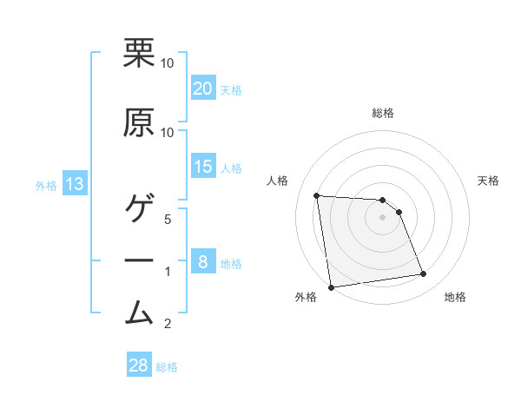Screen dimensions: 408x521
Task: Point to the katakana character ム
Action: [x=139, y=311]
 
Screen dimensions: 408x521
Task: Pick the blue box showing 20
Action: [x=202, y=89]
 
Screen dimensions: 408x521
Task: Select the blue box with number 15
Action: [x=202, y=167]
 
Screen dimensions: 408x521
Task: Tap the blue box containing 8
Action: [x=202, y=262]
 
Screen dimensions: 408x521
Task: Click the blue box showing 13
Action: [x=74, y=184]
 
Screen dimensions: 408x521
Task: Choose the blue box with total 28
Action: [x=139, y=365]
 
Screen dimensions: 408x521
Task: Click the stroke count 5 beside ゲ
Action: [x=169, y=219]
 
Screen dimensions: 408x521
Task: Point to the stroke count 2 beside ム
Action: [x=169, y=324]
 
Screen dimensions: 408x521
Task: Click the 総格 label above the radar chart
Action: [x=383, y=113]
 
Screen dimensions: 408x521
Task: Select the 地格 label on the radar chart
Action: [x=455, y=297]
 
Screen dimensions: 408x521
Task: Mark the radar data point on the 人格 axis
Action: [x=317, y=195]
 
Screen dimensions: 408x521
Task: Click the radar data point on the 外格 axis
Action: [x=331, y=287]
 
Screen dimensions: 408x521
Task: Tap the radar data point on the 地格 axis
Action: [x=424, y=274]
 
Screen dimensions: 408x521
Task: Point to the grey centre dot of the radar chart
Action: [x=383, y=217]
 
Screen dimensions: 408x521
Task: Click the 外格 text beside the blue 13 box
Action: [x=45, y=185]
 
